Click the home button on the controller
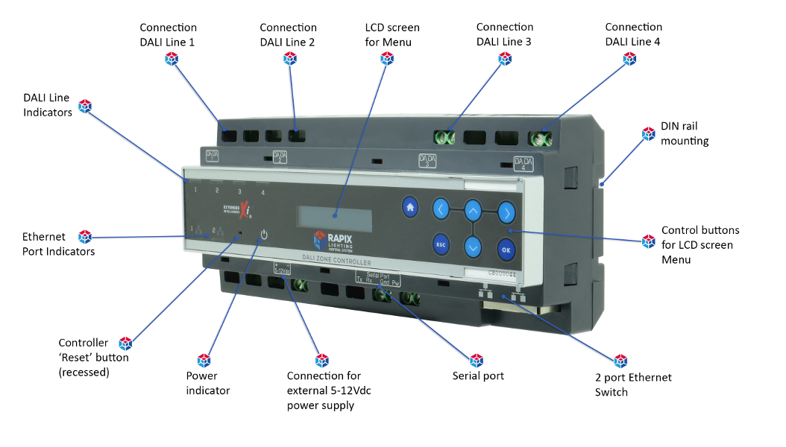(x=409, y=207)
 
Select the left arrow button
(x=441, y=210)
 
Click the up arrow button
(x=474, y=210)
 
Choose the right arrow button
(x=506, y=212)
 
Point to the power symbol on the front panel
(x=262, y=236)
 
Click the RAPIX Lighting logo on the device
(x=335, y=241)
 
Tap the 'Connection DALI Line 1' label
(x=169, y=35)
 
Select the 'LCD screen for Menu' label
(x=392, y=35)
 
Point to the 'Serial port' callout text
(x=478, y=375)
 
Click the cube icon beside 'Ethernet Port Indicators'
(x=85, y=237)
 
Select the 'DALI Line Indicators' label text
(x=47, y=105)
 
